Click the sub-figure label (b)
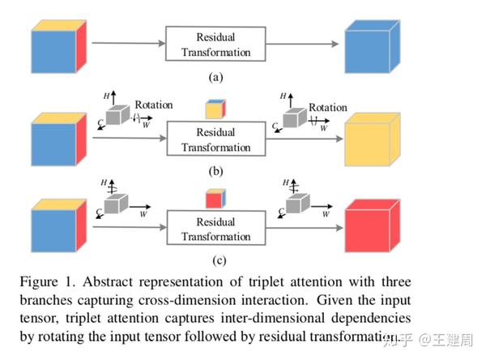(x=216, y=171)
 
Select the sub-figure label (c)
(x=216, y=260)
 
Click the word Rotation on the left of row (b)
(x=154, y=104)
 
